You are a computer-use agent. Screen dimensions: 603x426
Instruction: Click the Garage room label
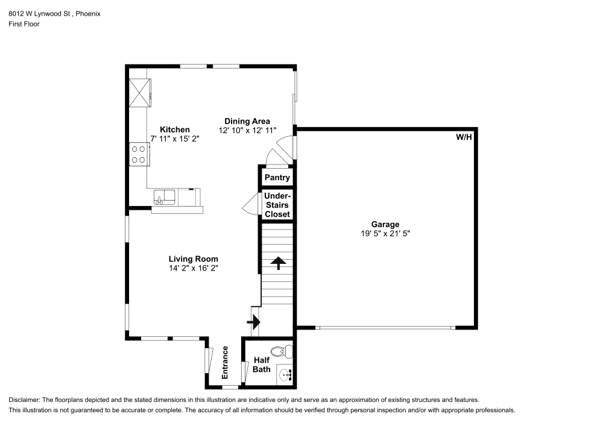385,224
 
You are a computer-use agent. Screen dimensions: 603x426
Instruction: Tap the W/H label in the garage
464,137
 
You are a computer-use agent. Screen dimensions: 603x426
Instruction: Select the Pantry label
277,178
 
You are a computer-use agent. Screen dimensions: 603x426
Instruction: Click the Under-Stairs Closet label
277,205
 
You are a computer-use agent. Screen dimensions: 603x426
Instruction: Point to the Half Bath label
262,365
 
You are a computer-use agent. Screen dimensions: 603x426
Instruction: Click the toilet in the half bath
282,351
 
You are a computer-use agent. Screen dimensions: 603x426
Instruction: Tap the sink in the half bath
285,374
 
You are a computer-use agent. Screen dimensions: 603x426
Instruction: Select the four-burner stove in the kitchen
139,154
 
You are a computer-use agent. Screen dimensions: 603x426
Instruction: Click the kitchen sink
164,197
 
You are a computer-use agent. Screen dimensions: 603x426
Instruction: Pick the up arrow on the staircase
278,263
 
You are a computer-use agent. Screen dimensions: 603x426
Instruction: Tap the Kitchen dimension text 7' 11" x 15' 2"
175,139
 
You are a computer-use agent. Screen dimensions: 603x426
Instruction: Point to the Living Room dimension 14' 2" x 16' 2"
194,268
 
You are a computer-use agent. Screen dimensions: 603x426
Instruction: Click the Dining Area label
247,121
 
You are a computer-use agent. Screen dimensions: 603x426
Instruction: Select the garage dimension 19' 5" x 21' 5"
385,234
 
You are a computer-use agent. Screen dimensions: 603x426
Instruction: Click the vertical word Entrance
225,363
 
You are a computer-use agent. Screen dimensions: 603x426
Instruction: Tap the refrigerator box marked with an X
139,93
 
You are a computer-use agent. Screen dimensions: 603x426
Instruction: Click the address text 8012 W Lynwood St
39,14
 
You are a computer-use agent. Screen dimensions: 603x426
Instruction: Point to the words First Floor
24,24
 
